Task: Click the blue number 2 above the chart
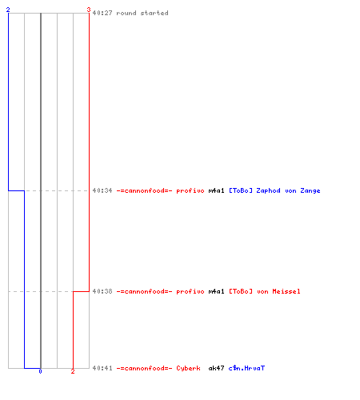pos(8,10)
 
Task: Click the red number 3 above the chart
pos(89,10)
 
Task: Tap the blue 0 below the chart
pos(40,371)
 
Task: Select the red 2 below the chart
pos(73,371)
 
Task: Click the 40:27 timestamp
pos(102,13)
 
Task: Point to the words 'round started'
pos(142,13)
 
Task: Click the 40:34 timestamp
pos(102,190)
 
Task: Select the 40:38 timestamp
pos(102,291)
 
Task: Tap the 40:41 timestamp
pos(102,368)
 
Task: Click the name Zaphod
pos(268,190)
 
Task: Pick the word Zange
pos(310,191)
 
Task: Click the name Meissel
pos(286,291)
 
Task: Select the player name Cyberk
pos(188,368)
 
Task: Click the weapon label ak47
pos(216,368)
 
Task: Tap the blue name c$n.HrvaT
pos(246,368)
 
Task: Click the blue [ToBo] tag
pos(241,190)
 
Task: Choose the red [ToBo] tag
pos(241,291)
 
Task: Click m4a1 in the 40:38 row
pos(216,291)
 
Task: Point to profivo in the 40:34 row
pos(190,190)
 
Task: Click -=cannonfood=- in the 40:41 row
pos(144,368)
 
